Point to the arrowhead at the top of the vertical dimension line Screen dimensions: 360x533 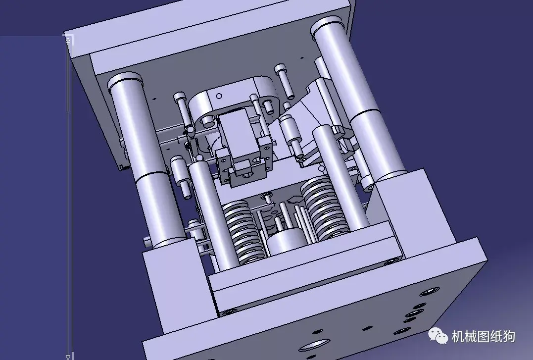point(68,41)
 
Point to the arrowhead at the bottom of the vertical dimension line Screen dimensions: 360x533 point(68,356)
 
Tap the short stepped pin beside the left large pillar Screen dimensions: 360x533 point(179,173)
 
